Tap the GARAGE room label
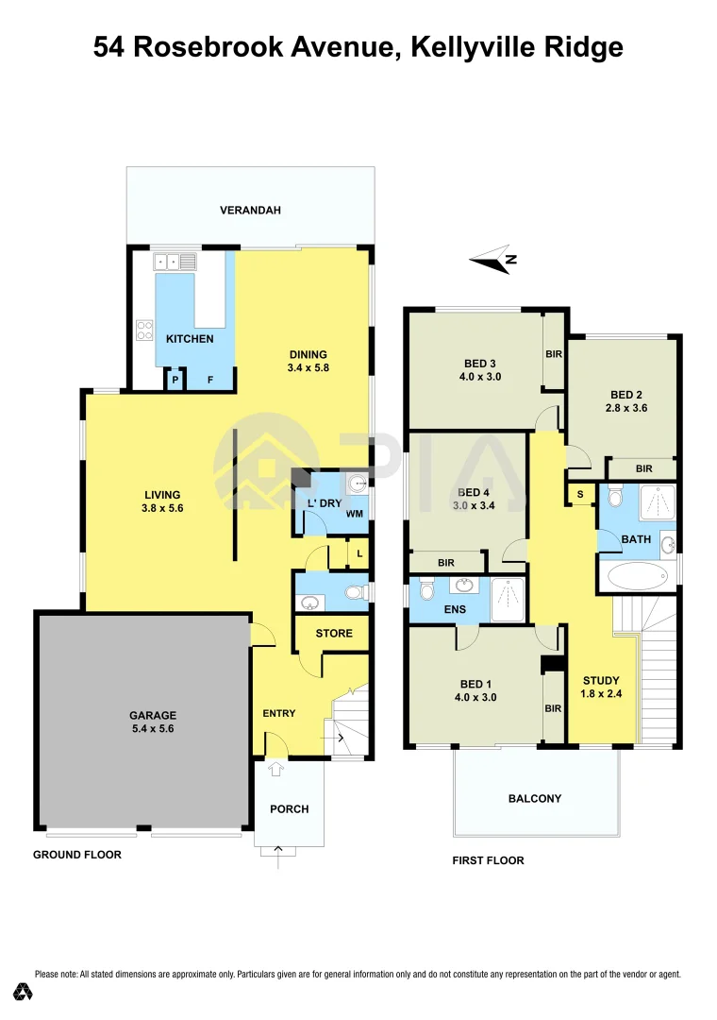(153, 716)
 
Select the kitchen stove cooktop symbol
(145, 330)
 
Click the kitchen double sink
(175, 262)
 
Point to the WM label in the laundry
(355, 514)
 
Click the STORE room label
(334, 633)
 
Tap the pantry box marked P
(175, 380)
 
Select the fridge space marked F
(210, 380)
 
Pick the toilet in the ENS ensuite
(425, 591)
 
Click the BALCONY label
(535, 798)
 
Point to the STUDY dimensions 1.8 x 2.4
(601, 693)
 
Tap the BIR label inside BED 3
(554, 354)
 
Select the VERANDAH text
(250, 210)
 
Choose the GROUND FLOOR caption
(77, 855)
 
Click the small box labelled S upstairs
(579, 495)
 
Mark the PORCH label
(290, 809)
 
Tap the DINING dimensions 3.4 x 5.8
(308, 368)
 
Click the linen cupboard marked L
(359, 552)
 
